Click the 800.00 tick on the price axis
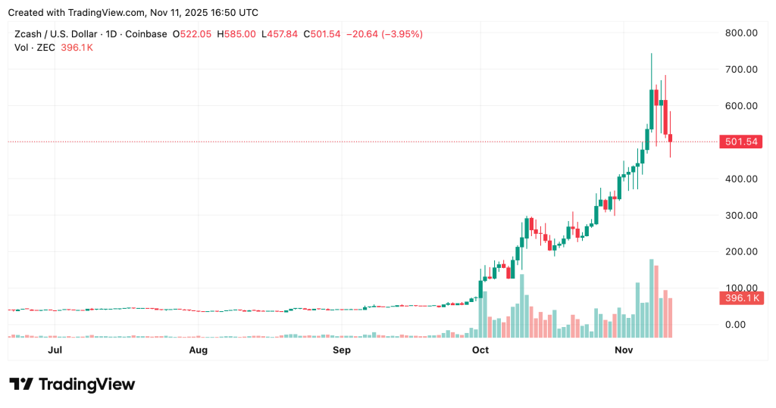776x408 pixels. pos(740,33)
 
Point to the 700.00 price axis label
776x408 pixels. pos(740,70)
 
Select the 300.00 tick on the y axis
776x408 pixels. pos(740,215)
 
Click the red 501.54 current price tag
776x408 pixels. pos(741,142)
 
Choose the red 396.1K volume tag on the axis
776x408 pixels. pos(741,298)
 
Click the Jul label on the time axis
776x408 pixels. pos(55,350)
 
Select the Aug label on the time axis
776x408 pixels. pos(198,350)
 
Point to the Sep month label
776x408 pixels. pos(342,350)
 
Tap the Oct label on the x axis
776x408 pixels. pos(480,350)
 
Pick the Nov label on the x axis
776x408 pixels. pos(624,350)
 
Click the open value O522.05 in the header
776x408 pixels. pos(193,34)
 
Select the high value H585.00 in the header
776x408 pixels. pos(237,34)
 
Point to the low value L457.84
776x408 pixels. pos(280,34)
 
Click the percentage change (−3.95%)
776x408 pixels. pos(402,34)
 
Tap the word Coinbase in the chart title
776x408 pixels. pos(145,34)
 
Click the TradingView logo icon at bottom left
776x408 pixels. pos(22,385)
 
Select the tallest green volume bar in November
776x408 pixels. pos(651,298)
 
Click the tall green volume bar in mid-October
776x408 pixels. pos(522,306)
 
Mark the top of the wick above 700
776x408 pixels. pos(651,55)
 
